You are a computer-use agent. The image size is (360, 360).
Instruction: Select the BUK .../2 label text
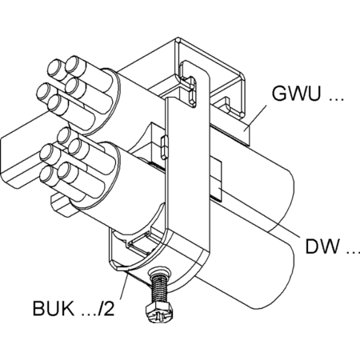[74, 308]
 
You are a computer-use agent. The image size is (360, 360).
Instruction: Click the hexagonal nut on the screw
[159, 314]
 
